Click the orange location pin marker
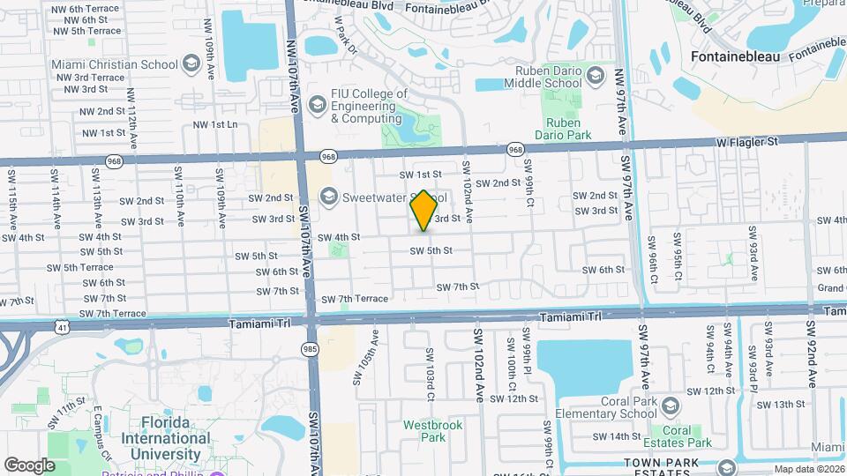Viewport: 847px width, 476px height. pyautogui.click(x=423, y=211)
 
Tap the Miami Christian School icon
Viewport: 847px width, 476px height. pyautogui.click(x=191, y=63)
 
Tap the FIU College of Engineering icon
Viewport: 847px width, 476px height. pyautogui.click(x=317, y=106)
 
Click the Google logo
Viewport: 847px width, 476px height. pyautogui.click(x=29, y=465)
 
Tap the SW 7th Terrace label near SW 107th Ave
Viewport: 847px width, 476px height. pyautogui.click(x=354, y=299)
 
